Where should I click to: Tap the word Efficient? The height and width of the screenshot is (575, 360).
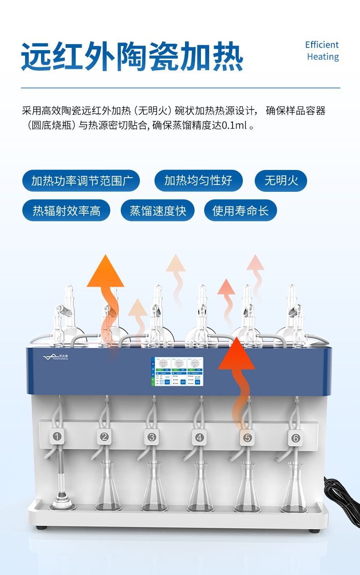[322, 45]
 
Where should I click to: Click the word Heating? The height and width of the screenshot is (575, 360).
[323, 57]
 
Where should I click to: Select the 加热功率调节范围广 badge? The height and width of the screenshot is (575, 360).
[81, 181]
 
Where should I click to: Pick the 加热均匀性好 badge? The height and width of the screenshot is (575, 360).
[198, 181]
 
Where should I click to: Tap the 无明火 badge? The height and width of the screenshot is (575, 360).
[281, 181]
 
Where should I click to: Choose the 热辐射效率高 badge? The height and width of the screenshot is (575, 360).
[67, 210]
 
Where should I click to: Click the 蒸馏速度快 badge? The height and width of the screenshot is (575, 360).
[158, 210]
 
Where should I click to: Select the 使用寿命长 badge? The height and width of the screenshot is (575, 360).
[240, 210]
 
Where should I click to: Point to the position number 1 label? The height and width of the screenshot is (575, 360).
[57, 437]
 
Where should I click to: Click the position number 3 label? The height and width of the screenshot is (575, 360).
[151, 437]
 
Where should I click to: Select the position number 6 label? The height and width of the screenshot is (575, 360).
[295, 438]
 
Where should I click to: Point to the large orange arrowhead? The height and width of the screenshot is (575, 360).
[105, 273]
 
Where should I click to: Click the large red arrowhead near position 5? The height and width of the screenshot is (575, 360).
[236, 355]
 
